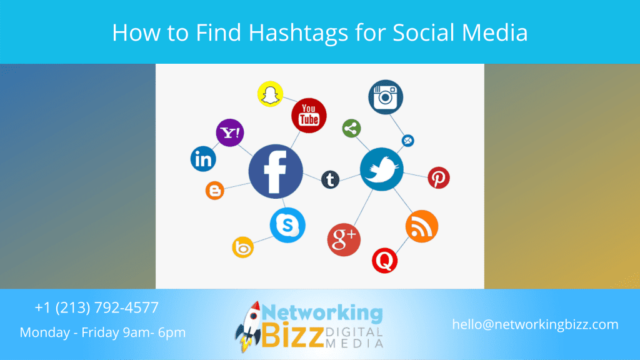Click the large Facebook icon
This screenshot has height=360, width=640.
276,171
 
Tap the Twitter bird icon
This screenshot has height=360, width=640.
382,169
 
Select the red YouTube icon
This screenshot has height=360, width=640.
309,116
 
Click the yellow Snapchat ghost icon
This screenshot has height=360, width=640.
270,94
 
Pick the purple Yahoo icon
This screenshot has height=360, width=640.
230,132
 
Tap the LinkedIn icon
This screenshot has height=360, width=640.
203,159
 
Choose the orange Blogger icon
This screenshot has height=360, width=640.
215,190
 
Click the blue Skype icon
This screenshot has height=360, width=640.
287,225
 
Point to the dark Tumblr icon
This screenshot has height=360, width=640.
330,179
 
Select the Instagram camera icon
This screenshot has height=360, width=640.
386,97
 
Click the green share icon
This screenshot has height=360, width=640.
351,129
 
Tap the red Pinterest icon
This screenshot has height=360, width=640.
439,177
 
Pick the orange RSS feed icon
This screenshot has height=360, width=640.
422,226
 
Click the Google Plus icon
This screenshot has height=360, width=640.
344,239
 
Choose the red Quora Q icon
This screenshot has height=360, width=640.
384,261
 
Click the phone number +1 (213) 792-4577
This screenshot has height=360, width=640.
97,307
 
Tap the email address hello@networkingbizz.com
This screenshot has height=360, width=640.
535,324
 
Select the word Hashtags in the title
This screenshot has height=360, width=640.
298,32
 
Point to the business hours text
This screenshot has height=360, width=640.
102,332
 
